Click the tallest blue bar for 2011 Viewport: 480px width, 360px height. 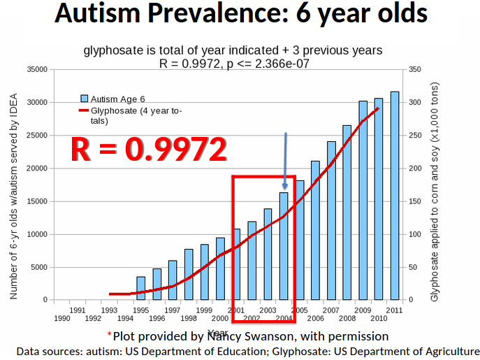[x=395, y=196]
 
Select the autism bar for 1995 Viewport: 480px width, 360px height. [x=141, y=288]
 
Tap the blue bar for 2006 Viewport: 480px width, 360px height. [x=316, y=231]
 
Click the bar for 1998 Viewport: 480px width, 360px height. [x=189, y=274]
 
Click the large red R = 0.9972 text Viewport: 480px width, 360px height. [x=150, y=149]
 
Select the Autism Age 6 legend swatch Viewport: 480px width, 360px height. [x=85, y=99]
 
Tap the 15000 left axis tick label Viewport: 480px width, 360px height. [x=36, y=201]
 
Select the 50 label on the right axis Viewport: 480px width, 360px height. [x=414, y=267]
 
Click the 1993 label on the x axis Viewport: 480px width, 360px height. [x=109, y=310]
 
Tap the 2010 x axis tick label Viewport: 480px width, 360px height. [x=379, y=318]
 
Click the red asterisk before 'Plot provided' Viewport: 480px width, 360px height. [x=110, y=335]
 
